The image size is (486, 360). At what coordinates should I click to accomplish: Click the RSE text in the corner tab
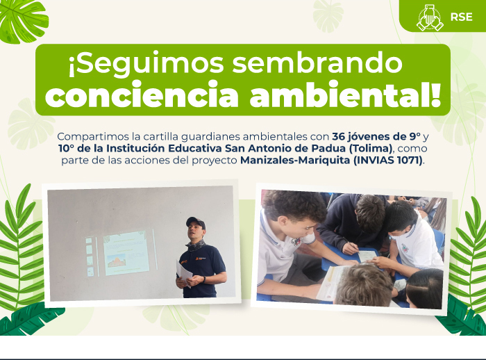click(461, 17)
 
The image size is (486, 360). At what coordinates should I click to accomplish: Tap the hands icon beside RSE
click(430, 17)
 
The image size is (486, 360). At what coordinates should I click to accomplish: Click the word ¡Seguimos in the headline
click(146, 63)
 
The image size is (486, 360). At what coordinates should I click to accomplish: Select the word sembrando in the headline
click(317, 63)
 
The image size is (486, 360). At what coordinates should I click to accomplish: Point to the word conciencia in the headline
click(142, 94)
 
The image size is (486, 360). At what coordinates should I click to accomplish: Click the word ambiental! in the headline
click(345, 94)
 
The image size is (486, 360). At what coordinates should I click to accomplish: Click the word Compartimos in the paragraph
click(93, 136)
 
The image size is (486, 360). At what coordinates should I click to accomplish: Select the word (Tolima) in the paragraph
click(371, 149)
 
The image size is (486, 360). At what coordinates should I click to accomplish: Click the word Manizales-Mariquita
click(295, 161)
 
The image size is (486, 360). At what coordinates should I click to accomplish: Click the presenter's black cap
click(196, 222)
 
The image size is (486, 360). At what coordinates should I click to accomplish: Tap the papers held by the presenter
click(184, 273)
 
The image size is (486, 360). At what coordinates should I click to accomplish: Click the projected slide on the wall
click(126, 252)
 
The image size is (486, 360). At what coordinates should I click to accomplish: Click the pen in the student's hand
click(350, 243)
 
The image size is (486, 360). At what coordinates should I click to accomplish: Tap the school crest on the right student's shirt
click(405, 248)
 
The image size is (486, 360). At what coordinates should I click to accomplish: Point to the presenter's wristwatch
click(205, 279)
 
